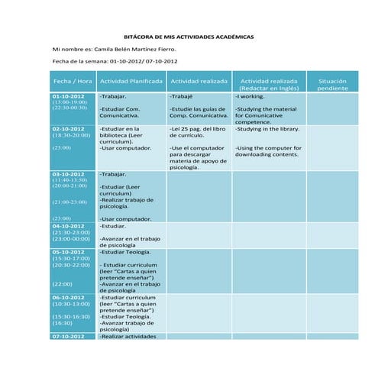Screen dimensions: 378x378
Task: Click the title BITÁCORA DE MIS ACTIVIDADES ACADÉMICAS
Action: click(189, 37)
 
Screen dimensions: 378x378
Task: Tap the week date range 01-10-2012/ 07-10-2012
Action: click(144, 60)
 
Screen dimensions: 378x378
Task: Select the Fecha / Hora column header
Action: click(73, 81)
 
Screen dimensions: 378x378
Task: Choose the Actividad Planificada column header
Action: click(131, 81)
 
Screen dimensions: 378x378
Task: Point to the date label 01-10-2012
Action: click(68, 96)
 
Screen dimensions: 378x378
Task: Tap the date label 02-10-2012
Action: click(68, 129)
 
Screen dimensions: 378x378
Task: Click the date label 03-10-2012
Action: click(68, 174)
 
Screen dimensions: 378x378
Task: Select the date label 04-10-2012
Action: click(68, 226)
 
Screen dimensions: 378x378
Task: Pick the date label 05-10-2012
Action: click(68, 251)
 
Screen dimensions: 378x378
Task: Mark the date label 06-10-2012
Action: click(68, 297)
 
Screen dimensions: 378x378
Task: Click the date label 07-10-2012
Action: click(68, 336)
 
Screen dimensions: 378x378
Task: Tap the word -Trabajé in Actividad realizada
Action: click(181, 97)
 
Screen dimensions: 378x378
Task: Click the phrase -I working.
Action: click(250, 97)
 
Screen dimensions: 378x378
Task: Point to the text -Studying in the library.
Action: click(267, 129)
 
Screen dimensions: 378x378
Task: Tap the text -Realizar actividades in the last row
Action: click(128, 336)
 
